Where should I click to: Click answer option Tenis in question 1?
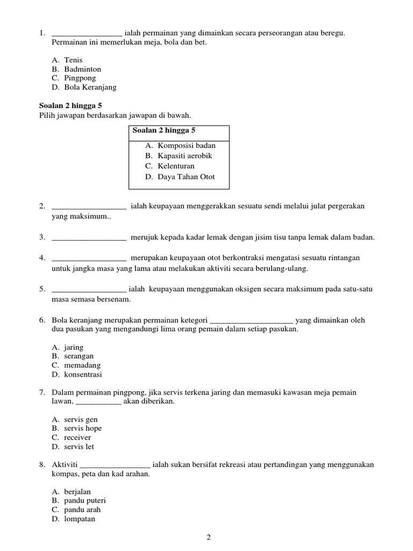(x=73, y=60)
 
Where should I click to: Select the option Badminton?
(x=82, y=69)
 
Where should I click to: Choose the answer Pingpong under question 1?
(x=80, y=78)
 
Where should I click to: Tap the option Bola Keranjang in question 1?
(x=90, y=87)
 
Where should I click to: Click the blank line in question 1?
(x=87, y=34)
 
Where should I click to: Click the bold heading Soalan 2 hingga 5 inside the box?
(x=163, y=131)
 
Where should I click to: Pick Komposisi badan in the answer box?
(x=186, y=145)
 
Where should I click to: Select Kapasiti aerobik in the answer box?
(x=184, y=156)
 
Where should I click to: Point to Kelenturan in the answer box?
(x=176, y=166)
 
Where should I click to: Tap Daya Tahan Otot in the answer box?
(x=186, y=176)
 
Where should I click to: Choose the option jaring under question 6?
(x=74, y=348)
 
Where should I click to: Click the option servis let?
(x=79, y=447)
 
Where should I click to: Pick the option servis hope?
(x=82, y=428)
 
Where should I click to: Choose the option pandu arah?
(x=82, y=510)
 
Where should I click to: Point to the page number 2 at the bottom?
(x=209, y=537)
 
